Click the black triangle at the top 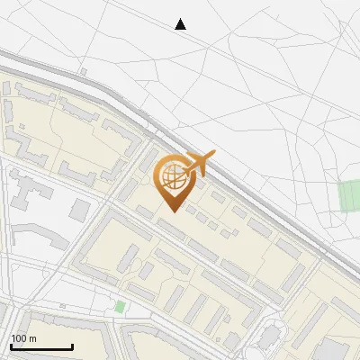tap(180, 24)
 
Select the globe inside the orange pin tap(171, 178)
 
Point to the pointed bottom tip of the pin tap(171, 211)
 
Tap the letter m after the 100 tap(33, 338)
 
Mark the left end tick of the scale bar tap(11, 346)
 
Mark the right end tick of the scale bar tap(72, 346)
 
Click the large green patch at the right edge tap(349, 195)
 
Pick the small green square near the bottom tap(120, 307)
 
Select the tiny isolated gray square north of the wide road tap(83, 70)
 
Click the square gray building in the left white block tap(80, 210)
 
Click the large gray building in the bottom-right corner tap(335, 349)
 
